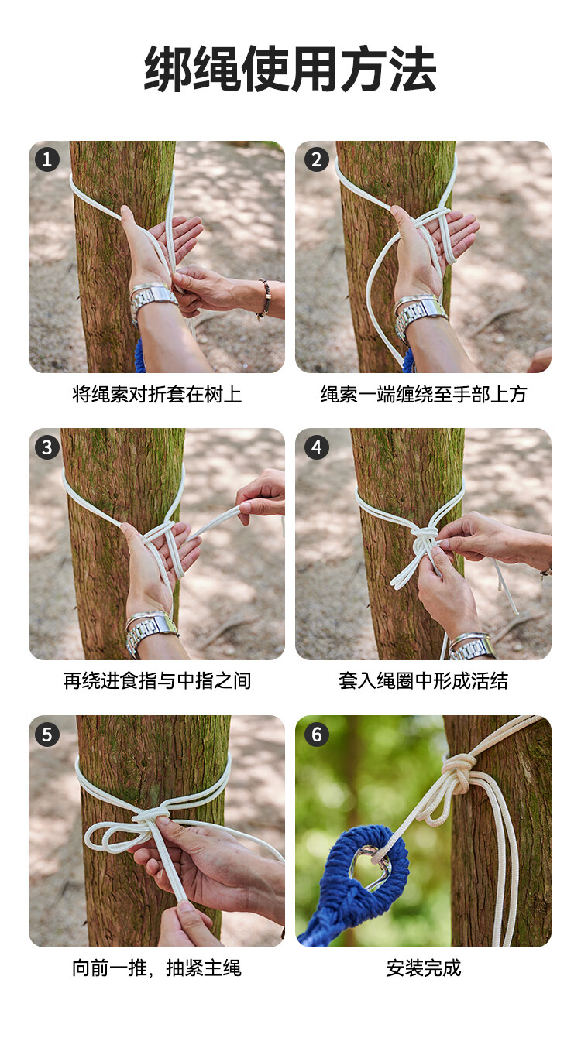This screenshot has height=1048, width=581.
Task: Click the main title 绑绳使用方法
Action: (x=290, y=69)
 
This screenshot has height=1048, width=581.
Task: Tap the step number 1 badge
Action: (x=46, y=160)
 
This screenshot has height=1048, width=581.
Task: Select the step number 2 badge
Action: (x=317, y=160)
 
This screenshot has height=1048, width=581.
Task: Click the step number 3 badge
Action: (x=46, y=447)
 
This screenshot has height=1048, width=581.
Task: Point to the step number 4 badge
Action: (x=317, y=447)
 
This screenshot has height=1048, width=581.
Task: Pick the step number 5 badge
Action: (x=46, y=735)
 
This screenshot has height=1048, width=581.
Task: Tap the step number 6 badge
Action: (x=317, y=735)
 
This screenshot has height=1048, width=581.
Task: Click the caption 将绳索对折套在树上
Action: (x=156, y=395)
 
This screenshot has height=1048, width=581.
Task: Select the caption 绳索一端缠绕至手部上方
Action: (x=424, y=395)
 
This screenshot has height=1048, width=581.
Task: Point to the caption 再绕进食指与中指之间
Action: (x=156, y=681)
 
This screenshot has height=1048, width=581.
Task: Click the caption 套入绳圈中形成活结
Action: (x=424, y=681)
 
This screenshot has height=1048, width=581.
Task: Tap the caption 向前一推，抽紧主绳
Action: (x=156, y=968)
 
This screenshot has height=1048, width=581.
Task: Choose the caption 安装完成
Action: (x=424, y=968)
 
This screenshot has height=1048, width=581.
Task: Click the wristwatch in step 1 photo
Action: (x=151, y=300)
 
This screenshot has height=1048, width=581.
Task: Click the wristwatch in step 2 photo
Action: (x=418, y=314)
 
